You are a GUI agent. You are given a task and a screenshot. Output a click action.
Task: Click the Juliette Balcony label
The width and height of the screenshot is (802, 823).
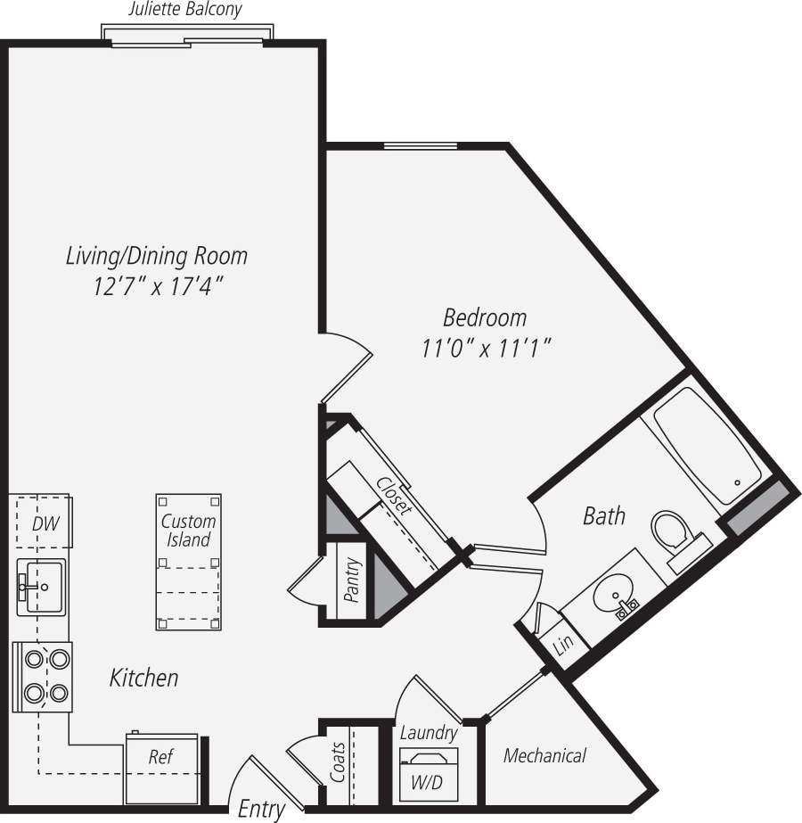click(185, 11)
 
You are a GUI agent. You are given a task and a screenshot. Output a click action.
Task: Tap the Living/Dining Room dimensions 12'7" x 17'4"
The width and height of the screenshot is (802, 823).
click(156, 288)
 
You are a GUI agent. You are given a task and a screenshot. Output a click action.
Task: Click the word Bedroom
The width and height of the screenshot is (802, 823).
click(485, 317)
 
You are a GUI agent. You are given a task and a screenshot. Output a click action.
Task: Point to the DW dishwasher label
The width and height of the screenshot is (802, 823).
click(45, 523)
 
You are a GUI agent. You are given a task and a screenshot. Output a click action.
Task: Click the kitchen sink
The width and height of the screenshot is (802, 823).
click(41, 587)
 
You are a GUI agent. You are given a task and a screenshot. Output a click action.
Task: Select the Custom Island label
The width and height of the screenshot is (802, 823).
click(189, 531)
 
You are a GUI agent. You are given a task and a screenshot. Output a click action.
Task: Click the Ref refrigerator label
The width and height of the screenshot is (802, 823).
click(160, 757)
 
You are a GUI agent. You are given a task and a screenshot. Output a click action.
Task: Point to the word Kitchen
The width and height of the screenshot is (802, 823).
click(143, 678)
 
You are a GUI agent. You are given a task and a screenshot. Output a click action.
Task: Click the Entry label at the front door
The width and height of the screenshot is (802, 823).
click(261, 809)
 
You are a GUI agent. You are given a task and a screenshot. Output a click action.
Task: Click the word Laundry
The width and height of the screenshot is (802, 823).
click(429, 733)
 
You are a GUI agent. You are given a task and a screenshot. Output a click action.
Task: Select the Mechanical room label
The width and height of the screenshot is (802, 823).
click(544, 756)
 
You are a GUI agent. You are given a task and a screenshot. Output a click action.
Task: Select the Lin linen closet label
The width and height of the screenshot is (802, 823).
click(562, 643)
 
